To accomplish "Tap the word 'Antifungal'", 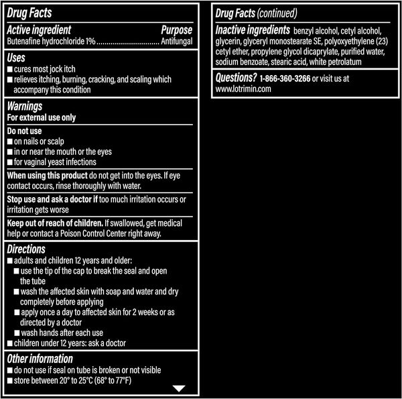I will [x=177, y=41].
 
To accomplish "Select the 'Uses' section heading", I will [x=18, y=58].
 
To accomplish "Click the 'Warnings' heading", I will [x=25, y=106].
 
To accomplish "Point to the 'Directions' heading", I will [x=27, y=248].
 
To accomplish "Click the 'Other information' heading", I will [x=39, y=358].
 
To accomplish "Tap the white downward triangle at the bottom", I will [x=178, y=388].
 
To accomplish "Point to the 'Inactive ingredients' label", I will [x=252, y=30].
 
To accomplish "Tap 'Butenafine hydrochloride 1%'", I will [x=50, y=41].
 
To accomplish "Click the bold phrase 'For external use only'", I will [x=41, y=117].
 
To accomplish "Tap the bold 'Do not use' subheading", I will [x=26, y=131].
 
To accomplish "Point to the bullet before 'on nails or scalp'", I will [x=9, y=142].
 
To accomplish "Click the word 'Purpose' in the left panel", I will [x=177, y=30].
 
